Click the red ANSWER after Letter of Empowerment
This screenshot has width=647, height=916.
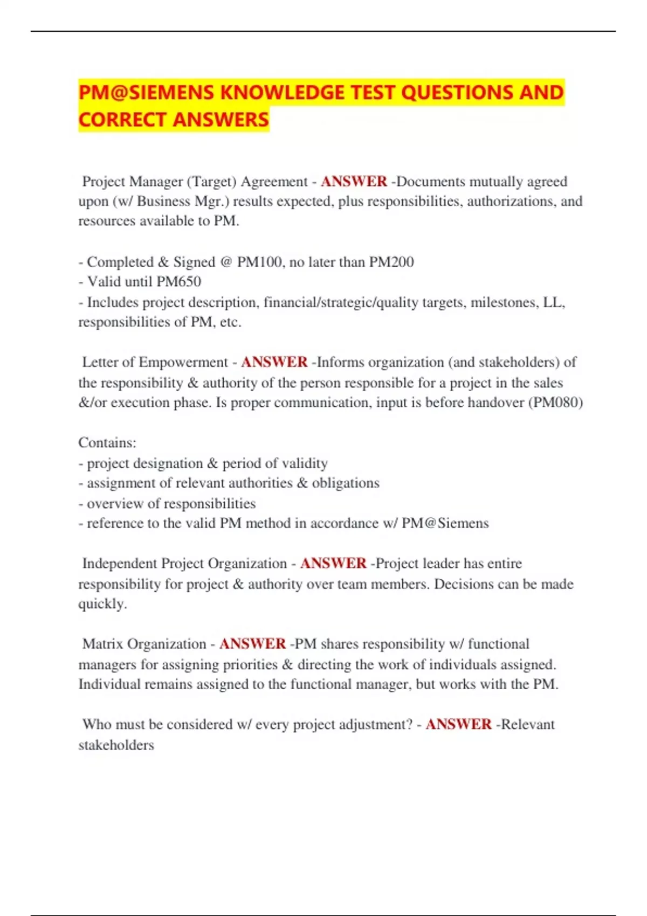pyautogui.click(x=274, y=362)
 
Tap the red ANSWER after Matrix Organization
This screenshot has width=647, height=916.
pyautogui.click(x=252, y=644)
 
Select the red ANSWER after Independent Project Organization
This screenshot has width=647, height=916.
pyautogui.click(x=333, y=564)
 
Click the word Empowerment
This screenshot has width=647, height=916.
pyautogui.click(x=183, y=362)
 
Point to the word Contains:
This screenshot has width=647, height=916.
pyautogui.click(x=107, y=443)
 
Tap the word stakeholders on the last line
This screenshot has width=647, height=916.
pyautogui.click(x=116, y=745)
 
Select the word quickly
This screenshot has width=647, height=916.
pyautogui.click(x=102, y=604)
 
